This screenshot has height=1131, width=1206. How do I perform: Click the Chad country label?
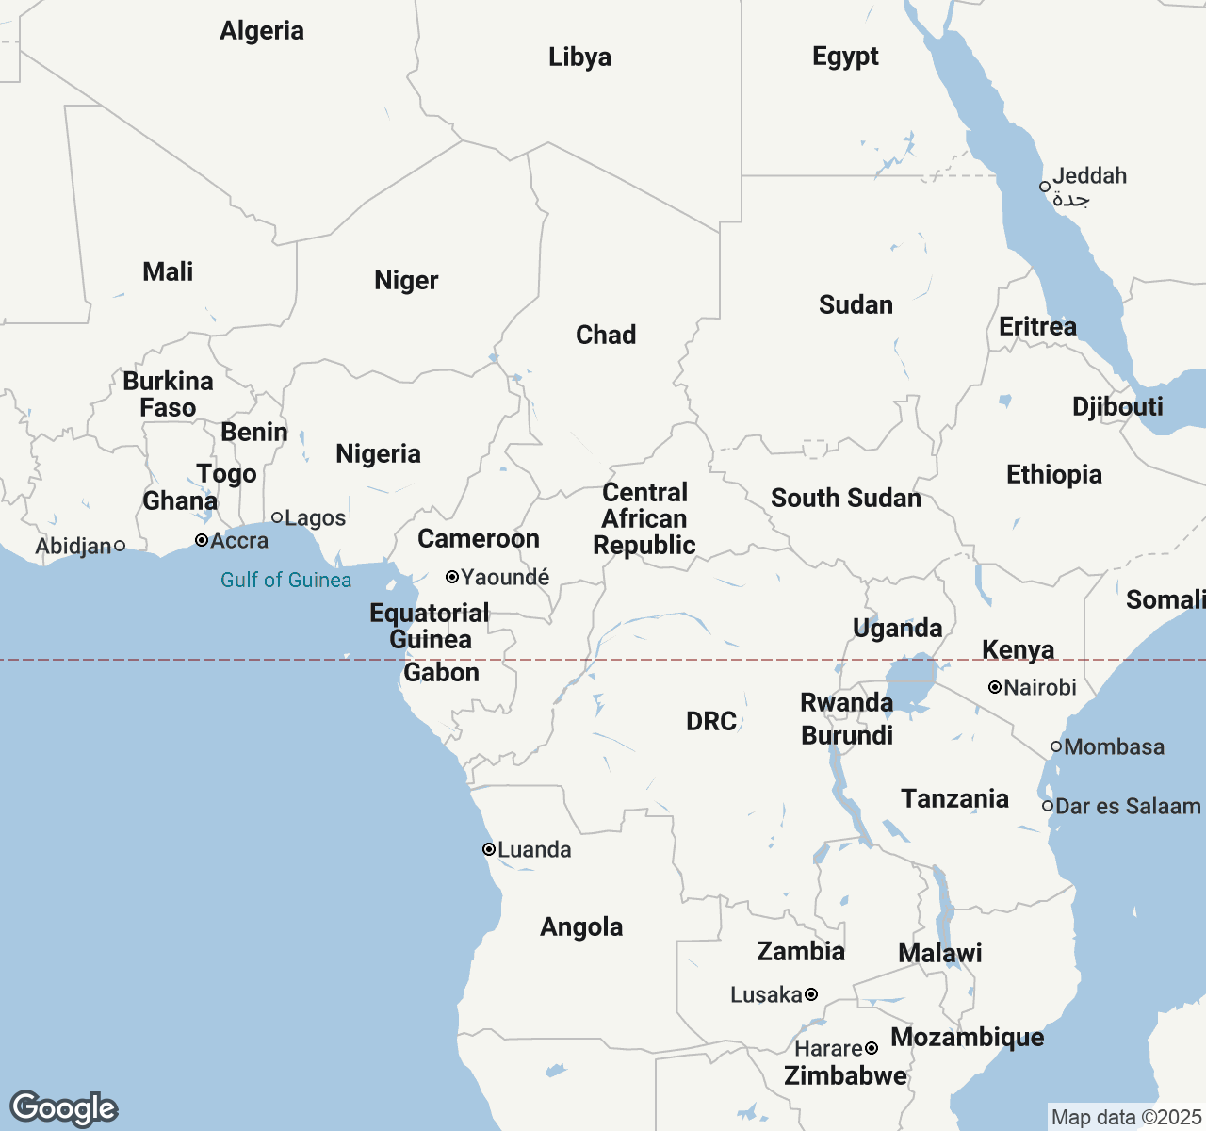click(606, 335)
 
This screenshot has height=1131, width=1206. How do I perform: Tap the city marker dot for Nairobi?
click(994, 688)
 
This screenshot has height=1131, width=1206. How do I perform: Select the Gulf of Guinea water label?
click(285, 580)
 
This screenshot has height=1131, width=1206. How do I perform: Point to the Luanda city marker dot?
click(489, 849)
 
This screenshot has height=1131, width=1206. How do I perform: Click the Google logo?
click(63, 1108)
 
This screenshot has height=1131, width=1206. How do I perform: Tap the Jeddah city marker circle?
click(1045, 187)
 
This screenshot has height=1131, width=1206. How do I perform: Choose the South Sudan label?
click(845, 498)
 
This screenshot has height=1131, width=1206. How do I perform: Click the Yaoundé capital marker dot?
click(452, 577)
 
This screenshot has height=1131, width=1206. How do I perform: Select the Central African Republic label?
click(644, 518)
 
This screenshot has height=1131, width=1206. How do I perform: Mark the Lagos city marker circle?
click(277, 517)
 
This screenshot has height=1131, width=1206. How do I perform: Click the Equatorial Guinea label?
click(430, 626)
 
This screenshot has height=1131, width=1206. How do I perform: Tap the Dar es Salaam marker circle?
click(1048, 806)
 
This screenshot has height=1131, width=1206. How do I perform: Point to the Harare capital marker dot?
click(872, 1048)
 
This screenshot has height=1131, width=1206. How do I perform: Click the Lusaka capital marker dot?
click(811, 994)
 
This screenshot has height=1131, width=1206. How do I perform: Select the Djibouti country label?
click(1117, 406)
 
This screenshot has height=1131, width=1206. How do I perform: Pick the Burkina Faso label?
click(168, 394)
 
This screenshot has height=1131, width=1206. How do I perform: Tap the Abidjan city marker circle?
click(120, 546)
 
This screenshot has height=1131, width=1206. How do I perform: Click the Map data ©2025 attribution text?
click(1126, 1118)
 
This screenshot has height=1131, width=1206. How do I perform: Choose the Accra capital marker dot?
click(202, 540)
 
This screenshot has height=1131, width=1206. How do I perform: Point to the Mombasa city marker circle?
click(1056, 746)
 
